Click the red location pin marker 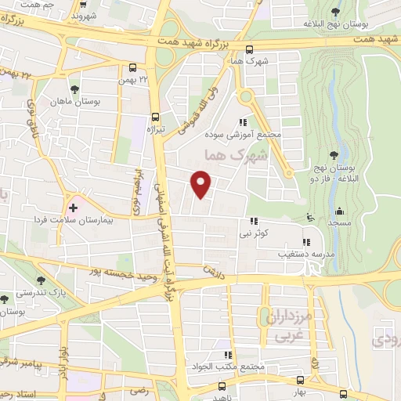pyautogui.click(x=202, y=184)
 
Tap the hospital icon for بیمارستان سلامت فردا pyautogui.click(x=73, y=208)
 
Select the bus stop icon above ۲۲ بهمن pyautogui.click(x=132, y=67)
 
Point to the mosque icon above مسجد pyautogui.click(x=340, y=210)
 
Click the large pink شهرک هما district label pyautogui.click(x=234, y=156)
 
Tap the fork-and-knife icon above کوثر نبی pyautogui.click(x=252, y=222)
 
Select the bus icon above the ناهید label pyautogui.click(x=223, y=387)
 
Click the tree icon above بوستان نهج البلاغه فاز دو pyautogui.click(x=334, y=154)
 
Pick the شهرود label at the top pyautogui.click(x=83, y=15)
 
